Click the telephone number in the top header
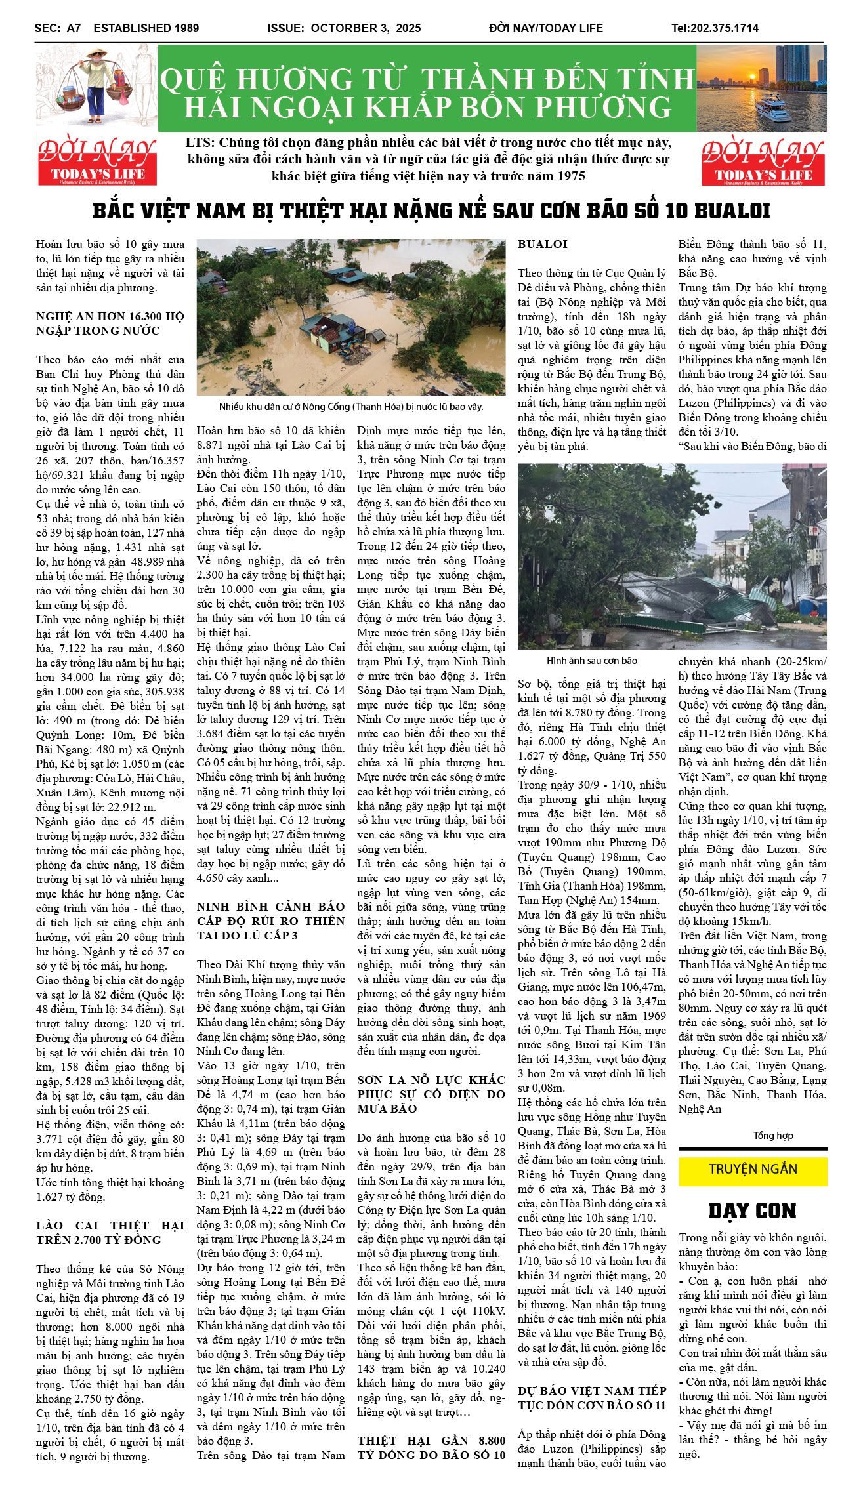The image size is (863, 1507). (715, 28)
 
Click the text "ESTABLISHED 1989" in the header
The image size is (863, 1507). (146, 28)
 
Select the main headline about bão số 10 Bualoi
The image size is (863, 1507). (431, 211)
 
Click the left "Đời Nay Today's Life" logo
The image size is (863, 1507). (97, 161)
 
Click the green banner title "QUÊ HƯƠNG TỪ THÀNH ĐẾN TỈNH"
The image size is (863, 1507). (427, 79)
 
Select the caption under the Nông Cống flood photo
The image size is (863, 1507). (351, 407)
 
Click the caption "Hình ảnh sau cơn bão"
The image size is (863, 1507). (591, 661)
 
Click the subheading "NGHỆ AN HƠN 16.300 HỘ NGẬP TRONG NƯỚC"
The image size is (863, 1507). (110, 323)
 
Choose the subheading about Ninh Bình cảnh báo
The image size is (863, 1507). (270, 920)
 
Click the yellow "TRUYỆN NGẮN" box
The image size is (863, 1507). (753, 1169)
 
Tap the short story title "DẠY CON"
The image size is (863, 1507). (752, 1211)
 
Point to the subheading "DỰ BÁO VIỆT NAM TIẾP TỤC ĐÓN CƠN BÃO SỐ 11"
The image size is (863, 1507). (591, 1397)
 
